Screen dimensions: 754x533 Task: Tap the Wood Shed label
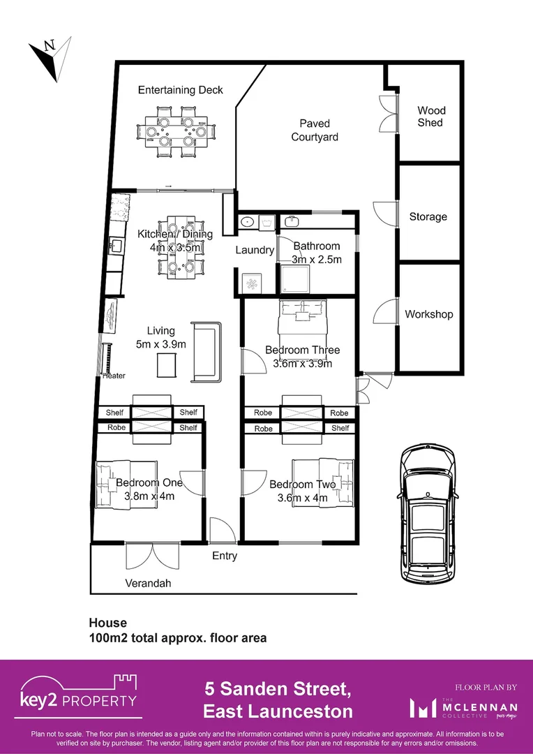coord(430,116)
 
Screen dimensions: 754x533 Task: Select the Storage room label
coord(428,216)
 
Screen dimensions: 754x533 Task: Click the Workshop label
coord(428,314)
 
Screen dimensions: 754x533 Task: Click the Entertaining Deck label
coord(180,89)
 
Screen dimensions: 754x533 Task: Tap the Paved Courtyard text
coord(315,130)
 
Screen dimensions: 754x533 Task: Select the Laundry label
coord(254,250)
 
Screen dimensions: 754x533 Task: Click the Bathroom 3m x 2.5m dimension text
coord(317,259)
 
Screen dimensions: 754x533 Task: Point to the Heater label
coord(114,376)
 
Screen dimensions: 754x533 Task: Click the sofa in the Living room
coord(206,352)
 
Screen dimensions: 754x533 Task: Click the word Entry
coord(225,556)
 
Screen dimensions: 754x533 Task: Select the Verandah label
coord(148,583)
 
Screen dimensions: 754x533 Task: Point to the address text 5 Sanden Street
coord(277,690)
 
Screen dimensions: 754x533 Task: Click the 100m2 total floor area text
coord(177,637)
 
